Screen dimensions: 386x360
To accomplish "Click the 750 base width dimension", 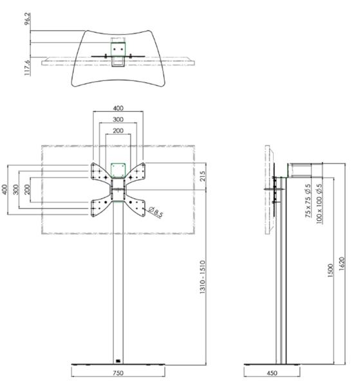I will tap(118, 373).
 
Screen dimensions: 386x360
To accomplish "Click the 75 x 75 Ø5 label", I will tap(308, 201).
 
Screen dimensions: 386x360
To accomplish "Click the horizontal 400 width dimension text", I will tap(118, 109).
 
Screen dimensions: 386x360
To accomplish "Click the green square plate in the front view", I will tap(118, 169).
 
